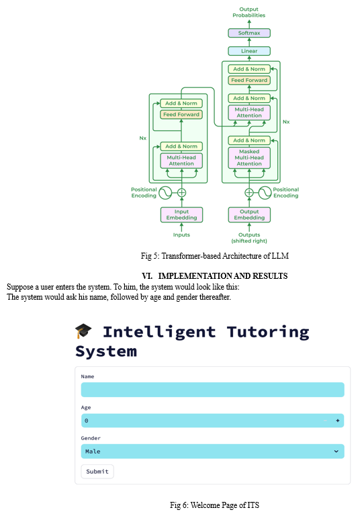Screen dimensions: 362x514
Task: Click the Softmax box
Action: click(x=249, y=33)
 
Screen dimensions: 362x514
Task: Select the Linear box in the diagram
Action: click(x=249, y=51)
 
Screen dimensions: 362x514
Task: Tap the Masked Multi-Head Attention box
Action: click(x=249, y=158)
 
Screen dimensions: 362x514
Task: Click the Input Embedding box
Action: click(x=181, y=215)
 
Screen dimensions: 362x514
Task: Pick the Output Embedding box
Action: click(x=249, y=215)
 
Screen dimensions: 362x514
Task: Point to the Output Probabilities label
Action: click(x=249, y=12)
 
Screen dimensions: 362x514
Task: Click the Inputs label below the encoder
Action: click(x=181, y=234)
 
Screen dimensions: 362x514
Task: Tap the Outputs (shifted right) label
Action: click(x=249, y=238)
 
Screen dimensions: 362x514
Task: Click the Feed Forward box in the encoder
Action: click(x=181, y=114)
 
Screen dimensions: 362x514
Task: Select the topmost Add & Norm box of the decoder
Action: click(x=249, y=69)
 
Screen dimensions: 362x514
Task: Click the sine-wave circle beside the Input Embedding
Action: click(x=165, y=193)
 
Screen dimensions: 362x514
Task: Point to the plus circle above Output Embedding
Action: click(x=249, y=193)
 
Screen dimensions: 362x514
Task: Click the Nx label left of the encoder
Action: click(x=143, y=138)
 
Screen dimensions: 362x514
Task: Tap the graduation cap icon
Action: click(x=83, y=331)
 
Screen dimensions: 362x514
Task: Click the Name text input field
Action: click(x=213, y=390)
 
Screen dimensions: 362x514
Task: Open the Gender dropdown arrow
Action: click(x=336, y=452)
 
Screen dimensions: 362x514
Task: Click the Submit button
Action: click(x=97, y=472)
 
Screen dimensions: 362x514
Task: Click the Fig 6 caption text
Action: click(x=214, y=505)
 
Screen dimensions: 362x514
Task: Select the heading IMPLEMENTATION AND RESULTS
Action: click(x=223, y=276)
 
